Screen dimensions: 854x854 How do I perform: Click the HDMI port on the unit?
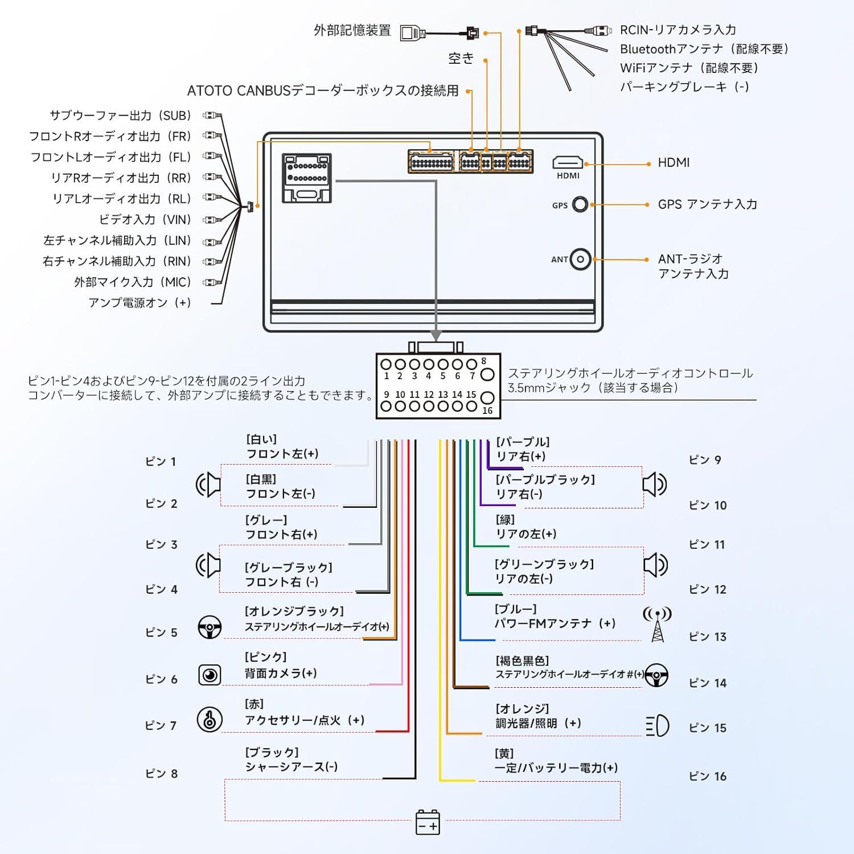pos(568,163)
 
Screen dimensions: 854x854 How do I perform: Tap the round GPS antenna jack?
pos(580,204)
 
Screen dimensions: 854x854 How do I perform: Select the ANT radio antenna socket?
pos(580,260)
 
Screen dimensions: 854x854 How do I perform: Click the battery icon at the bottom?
pos(428,823)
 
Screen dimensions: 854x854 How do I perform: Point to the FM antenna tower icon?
pos(657,624)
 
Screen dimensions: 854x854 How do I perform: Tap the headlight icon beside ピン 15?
pos(657,726)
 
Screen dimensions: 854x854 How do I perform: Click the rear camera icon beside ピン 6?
pos(210,675)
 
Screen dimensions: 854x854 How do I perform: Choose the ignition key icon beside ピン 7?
pos(210,720)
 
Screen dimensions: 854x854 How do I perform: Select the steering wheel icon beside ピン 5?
pos(210,627)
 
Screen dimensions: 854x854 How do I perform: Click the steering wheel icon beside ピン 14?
pos(656,675)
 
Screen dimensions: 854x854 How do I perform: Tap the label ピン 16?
pos(708,776)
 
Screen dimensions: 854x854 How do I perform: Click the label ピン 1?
pos(161,461)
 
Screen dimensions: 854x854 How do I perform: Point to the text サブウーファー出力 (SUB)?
pos(120,116)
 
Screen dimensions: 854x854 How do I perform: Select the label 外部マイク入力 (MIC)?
pos(133,282)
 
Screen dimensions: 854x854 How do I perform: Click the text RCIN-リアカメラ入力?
pos(678,30)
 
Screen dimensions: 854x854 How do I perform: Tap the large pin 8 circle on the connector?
pos(487,374)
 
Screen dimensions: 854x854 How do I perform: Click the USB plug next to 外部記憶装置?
pos(413,32)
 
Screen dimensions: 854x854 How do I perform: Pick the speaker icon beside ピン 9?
pos(654,485)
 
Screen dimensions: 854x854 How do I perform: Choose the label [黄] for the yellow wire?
pos(504,754)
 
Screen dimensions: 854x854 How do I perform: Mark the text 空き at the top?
pos(461,58)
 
